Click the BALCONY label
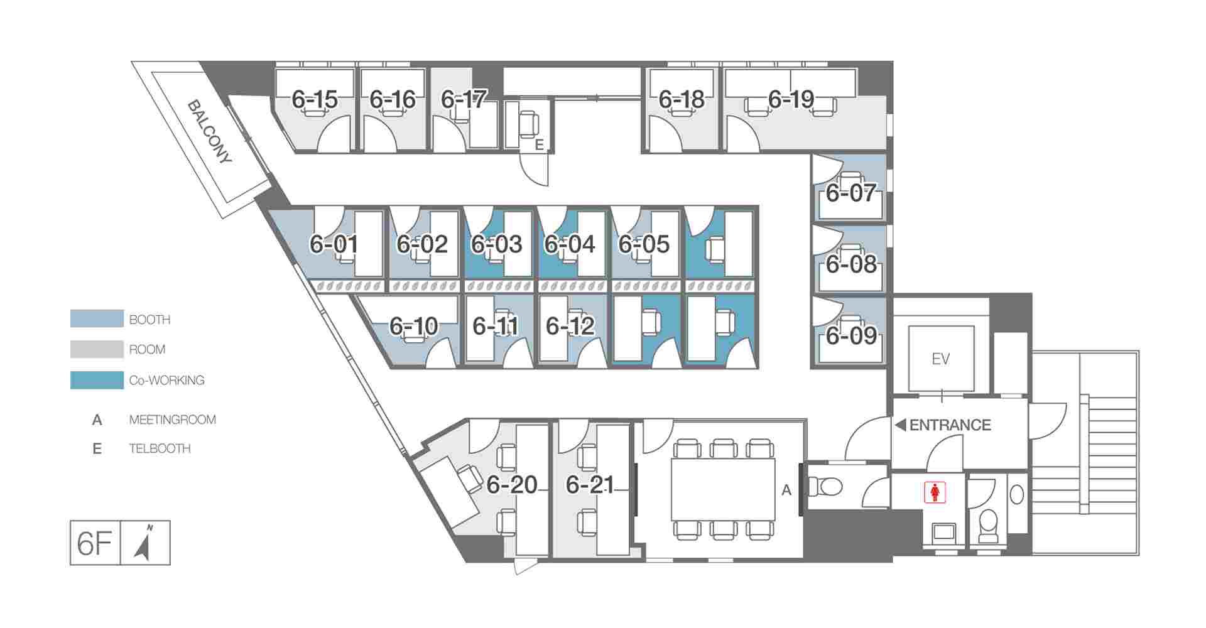click(210, 132)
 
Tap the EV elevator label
click(940, 359)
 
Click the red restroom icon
click(935, 492)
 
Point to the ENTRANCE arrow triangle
click(900, 425)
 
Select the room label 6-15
click(315, 99)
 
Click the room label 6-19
click(791, 99)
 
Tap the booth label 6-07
click(850, 193)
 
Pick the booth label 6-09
click(851, 336)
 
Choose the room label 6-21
click(590, 485)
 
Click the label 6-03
click(497, 244)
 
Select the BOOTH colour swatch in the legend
click(97, 318)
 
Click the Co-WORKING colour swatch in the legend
click(97, 380)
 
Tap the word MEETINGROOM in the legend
click(173, 420)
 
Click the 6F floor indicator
click(94, 543)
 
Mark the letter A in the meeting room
click(786, 490)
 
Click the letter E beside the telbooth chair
click(539, 145)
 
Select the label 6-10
click(413, 326)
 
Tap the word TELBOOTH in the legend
click(160, 448)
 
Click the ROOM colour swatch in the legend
click(97, 349)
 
